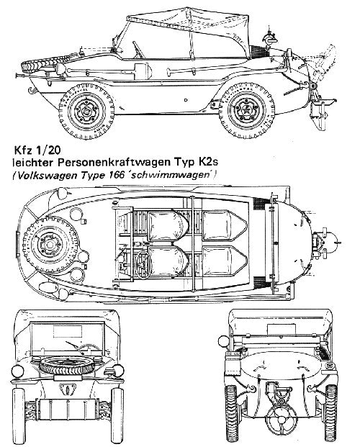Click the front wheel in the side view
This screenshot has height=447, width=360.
(x=86, y=111)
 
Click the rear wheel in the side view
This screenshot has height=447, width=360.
(x=246, y=110)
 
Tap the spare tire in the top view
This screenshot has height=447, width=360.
(x=50, y=244)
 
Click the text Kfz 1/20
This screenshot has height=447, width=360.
(x=37, y=150)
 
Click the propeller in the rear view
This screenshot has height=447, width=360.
(x=281, y=420)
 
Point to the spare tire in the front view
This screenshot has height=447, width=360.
(x=68, y=366)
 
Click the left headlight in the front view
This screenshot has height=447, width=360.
(x=17, y=371)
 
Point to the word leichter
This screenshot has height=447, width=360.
(x=34, y=163)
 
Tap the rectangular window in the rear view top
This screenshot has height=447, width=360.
(x=281, y=329)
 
